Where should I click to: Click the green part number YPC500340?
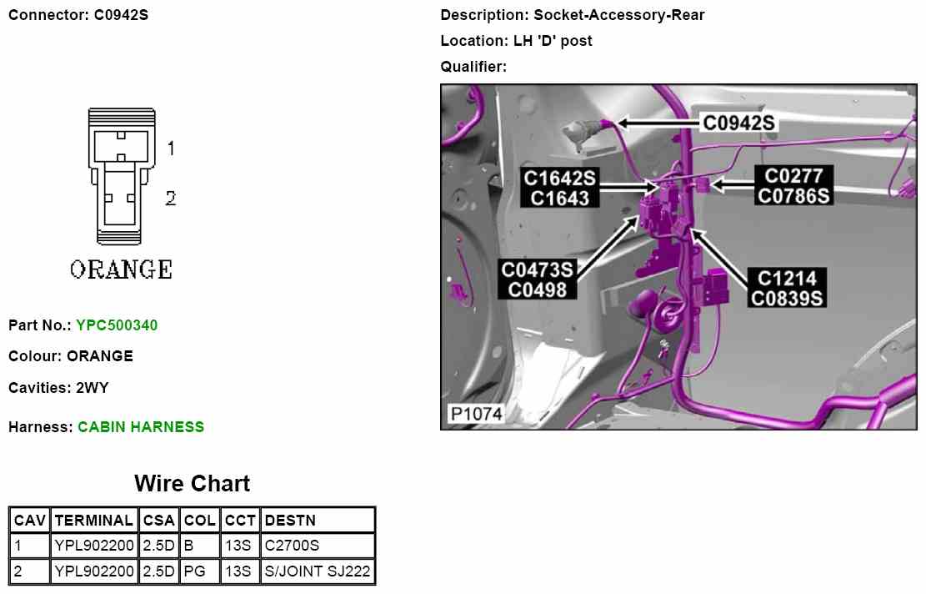(117, 325)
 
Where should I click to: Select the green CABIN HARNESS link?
(141, 427)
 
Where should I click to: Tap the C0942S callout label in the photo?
(738, 123)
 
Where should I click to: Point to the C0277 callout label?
(793, 176)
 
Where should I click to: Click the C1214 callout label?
(787, 278)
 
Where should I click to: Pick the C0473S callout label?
(538, 269)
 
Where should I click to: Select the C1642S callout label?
(559, 178)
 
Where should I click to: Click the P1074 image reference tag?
(475, 414)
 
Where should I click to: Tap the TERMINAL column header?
(93, 521)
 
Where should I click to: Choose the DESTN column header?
(289, 521)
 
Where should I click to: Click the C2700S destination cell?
(292, 546)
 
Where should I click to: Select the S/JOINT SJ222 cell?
(318, 571)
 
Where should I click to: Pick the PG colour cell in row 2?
(194, 571)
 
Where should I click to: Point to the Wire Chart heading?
(192, 484)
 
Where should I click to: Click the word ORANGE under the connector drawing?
(122, 270)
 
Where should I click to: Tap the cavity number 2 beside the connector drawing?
(170, 199)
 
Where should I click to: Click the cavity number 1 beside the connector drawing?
(170, 148)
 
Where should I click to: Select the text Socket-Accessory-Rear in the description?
(619, 15)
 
